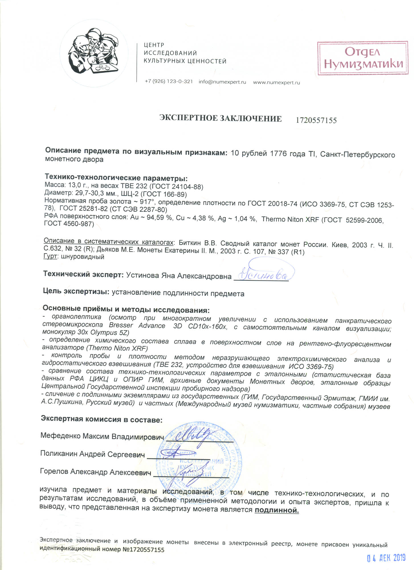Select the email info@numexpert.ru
coord(222,82)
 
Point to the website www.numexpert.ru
coord(276,83)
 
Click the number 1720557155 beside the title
coord(316,120)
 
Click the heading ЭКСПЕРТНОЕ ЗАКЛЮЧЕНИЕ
coord(220,119)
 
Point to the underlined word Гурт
coord(50,256)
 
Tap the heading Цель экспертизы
coord(76,291)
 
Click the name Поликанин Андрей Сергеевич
coord(92,454)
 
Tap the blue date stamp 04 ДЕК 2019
coord(386,558)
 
